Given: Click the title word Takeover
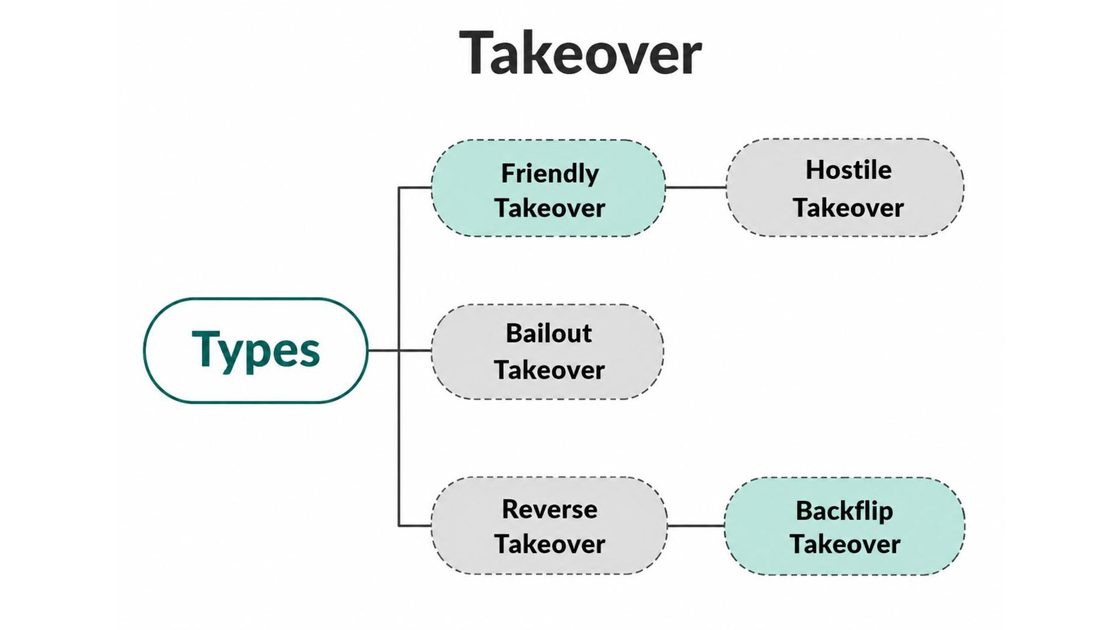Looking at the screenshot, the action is pyautogui.click(x=580, y=53).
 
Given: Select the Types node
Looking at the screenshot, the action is pyautogui.click(x=256, y=350).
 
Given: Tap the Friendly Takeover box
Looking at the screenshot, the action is pyautogui.click(x=548, y=188).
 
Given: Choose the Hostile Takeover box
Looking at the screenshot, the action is pyautogui.click(x=845, y=188).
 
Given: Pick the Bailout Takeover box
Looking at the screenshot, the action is pyautogui.click(x=548, y=352).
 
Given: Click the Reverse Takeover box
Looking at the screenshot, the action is pyautogui.click(x=549, y=526).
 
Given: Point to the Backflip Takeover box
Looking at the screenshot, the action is pyautogui.click(x=845, y=526).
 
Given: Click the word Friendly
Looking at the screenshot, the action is pyautogui.click(x=550, y=174).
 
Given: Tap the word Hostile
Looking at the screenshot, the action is pyautogui.click(x=849, y=170).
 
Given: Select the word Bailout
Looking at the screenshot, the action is pyautogui.click(x=549, y=334).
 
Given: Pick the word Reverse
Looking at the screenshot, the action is pyautogui.click(x=549, y=509).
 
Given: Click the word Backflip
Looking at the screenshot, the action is pyautogui.click(x=845, y=511).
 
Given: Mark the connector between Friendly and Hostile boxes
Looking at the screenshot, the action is pyautogui.click(x=696, y=188).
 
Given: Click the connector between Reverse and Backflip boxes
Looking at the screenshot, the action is pyautogui.click(x=696, y=526).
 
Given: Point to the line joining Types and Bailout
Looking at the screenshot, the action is pyautogui.click(x=400, y=351).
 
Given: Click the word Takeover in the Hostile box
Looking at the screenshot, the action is pyautogui.click(x=848, y=208).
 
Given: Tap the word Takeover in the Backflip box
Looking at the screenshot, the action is pyautogui.click(x=845, y=545).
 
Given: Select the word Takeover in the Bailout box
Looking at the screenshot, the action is pyautogui.click(x=549, y=370).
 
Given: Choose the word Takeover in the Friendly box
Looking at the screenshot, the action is pyautogui.click(x=550, y=208).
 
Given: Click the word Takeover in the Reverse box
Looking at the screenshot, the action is pyautogui.click(x=550, y=545).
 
